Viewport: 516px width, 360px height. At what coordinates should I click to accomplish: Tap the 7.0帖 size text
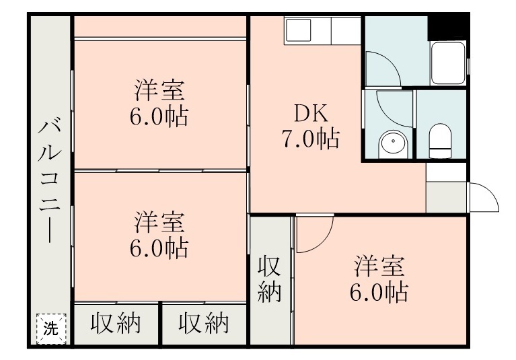[309, 139]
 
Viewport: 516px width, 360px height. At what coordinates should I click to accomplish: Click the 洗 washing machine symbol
[50, 329]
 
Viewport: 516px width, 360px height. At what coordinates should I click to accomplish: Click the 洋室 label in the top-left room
[159, 90]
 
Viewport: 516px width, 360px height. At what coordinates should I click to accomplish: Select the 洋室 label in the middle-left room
[159, 221]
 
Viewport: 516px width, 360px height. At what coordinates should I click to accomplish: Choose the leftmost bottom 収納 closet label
[116, 324]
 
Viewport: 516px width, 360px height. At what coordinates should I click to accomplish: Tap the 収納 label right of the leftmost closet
[203, 324]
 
